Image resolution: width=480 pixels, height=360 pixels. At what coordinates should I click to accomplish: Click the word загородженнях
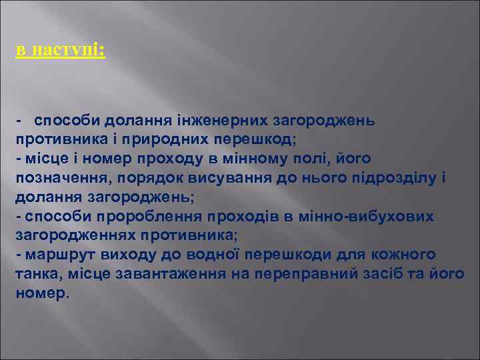[79, 235]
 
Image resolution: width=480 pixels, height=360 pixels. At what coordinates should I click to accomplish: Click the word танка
[35, 274]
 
